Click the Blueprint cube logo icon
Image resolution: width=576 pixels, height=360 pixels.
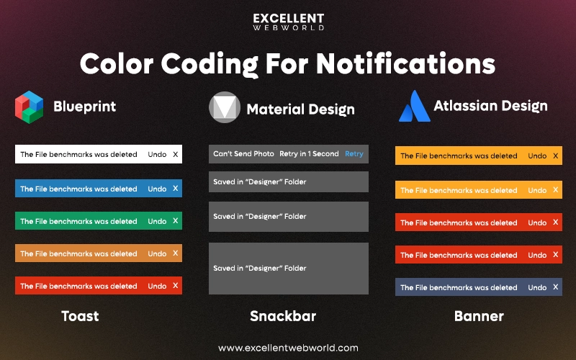[30, 107]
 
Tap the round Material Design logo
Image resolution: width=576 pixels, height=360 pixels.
[224, 107]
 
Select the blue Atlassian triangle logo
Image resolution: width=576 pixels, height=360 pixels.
[415, 106]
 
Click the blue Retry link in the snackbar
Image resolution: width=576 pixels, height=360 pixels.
[354, 154]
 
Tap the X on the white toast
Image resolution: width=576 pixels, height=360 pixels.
[175, 154]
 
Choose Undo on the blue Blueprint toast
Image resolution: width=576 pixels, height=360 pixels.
[157, 189]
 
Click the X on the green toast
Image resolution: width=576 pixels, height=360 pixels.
[175, 221]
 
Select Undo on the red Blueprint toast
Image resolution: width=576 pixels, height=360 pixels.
[157, 286]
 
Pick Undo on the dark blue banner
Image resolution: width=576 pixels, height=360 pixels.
[537, 287]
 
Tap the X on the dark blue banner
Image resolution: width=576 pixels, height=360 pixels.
[555, 287]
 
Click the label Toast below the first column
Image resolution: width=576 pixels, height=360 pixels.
[80, 316]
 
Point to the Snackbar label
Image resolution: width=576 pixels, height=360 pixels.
[283, 316]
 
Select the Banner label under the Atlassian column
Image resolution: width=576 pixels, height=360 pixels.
[479, 316]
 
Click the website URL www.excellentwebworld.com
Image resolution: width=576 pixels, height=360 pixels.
[288, 348]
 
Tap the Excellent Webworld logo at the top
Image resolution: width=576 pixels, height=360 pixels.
[288, 22]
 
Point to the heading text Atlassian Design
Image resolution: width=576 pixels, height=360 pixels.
[490, 106]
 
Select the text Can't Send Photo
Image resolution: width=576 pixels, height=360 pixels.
[243, 154]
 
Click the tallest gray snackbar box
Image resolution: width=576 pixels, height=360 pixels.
[288, 268]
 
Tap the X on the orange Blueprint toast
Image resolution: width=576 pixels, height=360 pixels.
[175, 253]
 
